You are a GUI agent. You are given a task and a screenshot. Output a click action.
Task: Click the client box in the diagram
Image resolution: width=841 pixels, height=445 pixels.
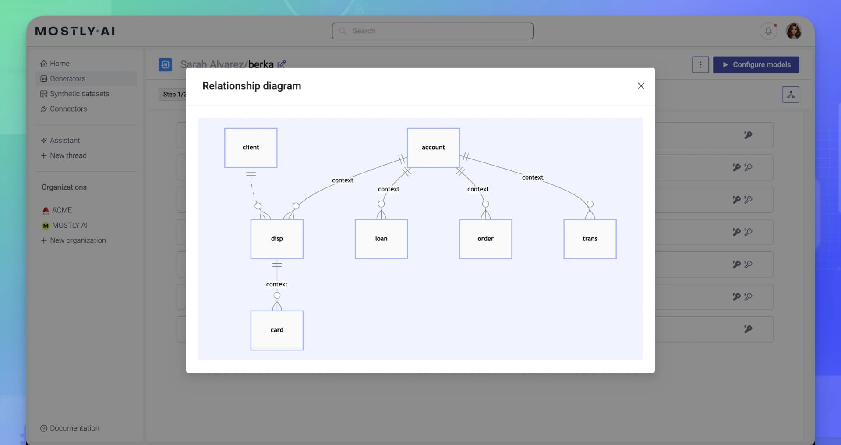251,148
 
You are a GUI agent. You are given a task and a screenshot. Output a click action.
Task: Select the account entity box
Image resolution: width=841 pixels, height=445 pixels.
433,148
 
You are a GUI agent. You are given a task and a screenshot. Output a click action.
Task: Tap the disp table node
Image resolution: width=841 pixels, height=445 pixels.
277,239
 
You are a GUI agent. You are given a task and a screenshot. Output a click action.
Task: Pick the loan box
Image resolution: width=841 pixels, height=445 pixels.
381,239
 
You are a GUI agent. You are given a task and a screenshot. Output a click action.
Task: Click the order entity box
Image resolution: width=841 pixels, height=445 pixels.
485,239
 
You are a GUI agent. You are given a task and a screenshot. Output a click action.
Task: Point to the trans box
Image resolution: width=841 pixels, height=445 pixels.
590,239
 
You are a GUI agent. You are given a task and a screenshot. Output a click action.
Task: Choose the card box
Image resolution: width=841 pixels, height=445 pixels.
277,330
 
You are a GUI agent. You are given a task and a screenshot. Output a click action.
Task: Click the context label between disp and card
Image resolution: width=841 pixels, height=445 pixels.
277,284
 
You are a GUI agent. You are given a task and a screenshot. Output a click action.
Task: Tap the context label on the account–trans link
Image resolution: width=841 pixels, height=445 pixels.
532,177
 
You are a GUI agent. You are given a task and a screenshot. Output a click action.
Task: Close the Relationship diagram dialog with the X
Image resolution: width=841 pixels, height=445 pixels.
641,86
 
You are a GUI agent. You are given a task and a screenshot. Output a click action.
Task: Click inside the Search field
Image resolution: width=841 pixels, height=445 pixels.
432,31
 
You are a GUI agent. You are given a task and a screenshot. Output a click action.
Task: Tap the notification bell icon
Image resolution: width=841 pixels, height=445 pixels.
768,31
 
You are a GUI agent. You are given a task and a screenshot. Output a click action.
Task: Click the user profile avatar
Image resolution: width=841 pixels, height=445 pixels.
793,31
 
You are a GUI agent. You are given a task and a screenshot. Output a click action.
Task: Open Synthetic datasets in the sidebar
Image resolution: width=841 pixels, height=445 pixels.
79,94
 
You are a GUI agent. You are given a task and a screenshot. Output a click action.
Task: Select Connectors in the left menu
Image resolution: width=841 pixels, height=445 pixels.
68,109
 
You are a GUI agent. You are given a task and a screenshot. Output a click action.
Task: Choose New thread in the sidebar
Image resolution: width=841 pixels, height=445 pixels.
68,155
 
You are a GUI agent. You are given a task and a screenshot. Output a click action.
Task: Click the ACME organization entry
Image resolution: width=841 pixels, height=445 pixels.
61,210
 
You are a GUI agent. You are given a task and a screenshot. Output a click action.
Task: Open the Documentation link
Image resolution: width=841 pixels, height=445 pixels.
74,428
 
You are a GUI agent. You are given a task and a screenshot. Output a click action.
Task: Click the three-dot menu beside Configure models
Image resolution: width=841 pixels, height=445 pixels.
700,65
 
